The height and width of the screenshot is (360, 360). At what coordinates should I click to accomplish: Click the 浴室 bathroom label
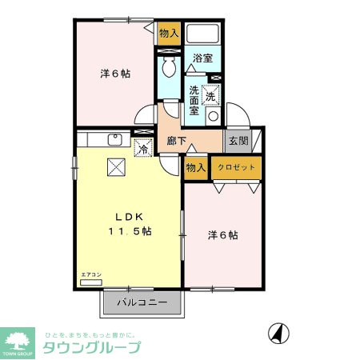[x=202, y=58]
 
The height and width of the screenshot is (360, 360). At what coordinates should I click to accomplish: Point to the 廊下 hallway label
[x=177, y=142]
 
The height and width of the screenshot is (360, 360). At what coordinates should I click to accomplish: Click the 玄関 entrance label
[x=238, y=142]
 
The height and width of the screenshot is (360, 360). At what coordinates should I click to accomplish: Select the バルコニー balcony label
[x=142, y=303]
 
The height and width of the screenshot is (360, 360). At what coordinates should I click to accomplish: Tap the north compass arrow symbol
[x=277, y=332]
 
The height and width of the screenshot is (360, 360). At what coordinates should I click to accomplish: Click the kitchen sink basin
[x=114, y=140]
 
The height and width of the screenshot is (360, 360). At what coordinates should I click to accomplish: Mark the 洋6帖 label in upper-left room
[x=115, y=74]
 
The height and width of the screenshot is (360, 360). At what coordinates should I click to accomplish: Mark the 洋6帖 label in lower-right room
[x=223, y=235]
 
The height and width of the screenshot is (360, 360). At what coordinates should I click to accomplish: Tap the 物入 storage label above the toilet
[x=168, y=33]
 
